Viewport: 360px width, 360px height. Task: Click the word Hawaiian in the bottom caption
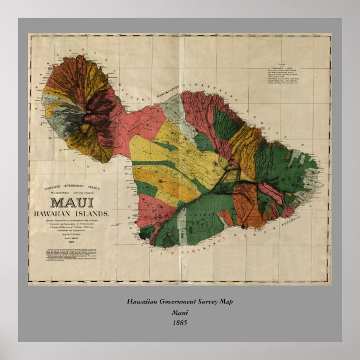coord(142,302)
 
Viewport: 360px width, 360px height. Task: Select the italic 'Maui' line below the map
coord(179,312)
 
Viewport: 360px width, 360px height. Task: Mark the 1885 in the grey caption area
coord(179,322)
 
